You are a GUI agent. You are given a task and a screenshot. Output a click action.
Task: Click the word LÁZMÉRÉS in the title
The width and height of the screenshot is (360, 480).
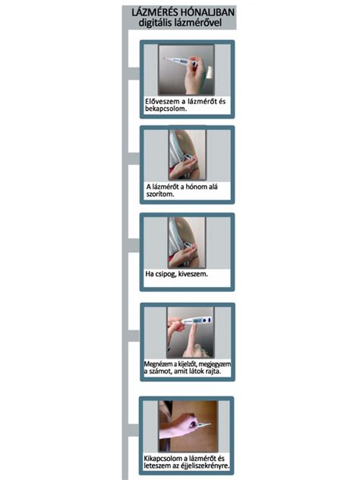click(x=155, y=12)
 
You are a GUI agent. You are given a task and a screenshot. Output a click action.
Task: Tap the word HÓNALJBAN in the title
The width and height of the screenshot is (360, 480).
click(x=207, y=12)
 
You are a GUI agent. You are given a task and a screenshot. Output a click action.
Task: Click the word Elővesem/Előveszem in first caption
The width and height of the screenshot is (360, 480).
click(x=163, y=101)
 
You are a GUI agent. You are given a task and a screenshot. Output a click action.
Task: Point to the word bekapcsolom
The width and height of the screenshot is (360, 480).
click(x=166, y=109)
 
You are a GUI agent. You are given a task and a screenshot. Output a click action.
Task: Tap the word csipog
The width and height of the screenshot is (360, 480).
click(x=166, y=274)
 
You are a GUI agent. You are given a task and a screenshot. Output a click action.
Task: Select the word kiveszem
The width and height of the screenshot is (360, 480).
click(x=193, y=274)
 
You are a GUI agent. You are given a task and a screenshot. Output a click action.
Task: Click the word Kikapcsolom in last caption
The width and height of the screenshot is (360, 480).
click(x=163, y=458)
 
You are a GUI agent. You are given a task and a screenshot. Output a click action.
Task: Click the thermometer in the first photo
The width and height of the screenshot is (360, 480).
click(x=180, y=61)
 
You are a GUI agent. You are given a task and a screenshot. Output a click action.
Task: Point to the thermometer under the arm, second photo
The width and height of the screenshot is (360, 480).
click(x=189, y=157)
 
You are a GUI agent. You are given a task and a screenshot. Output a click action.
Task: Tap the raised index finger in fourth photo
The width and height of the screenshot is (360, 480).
click(x=190, y=338)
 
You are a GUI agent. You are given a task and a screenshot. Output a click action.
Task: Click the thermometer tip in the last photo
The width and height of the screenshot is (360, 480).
click(x=209, y=425)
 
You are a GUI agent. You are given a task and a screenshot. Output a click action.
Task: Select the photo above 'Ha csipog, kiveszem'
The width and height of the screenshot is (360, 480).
click(x=187, y=243)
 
